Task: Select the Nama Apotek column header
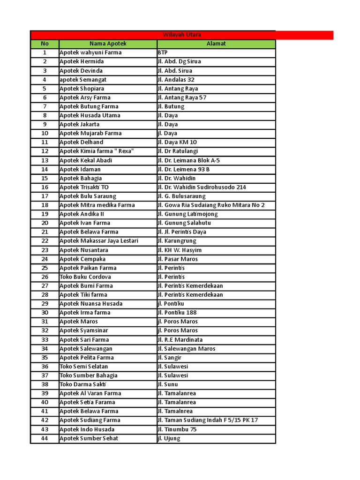(107, 44)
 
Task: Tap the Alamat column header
(216, 44)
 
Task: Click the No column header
(45, 44)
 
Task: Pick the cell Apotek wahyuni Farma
(90, 52)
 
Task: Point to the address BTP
(163, 52)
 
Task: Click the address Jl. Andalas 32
(176, 80)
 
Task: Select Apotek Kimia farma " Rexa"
(97, 151)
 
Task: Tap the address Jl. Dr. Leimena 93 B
(184, 169)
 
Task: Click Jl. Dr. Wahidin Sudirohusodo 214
(202, 187)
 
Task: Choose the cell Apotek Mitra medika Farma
(97, 205)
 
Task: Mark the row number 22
(45, 241)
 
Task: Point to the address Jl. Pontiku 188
(177, 313)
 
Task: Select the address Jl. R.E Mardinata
(180, 339)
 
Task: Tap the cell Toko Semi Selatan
(83, 367)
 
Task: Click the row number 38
(45, 384)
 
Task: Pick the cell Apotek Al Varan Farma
(90, 393)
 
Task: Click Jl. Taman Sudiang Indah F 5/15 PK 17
(208, 420)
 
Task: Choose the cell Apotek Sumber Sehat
(89, 438)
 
